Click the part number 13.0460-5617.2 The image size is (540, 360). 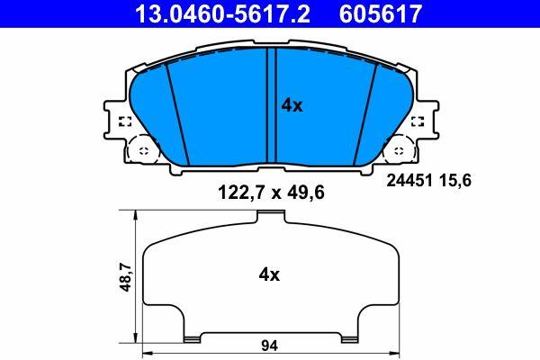[223, 13]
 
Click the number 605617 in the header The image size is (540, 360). [381, 13]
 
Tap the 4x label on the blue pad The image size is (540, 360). [292, 105]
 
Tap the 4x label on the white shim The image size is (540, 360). [269, 274]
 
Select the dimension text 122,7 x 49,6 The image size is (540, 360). [271, 193]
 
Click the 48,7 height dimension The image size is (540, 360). [125, 276]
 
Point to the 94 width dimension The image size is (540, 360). [269, 346]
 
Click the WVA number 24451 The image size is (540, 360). [409, 180]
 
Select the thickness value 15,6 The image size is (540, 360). [454, 181]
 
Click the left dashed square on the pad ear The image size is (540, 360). [125, 121]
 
